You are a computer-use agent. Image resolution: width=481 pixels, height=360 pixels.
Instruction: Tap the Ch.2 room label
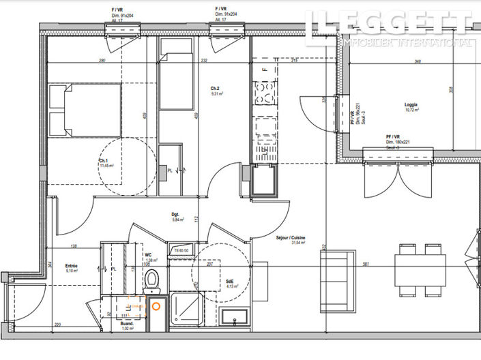click(x=215, y=89)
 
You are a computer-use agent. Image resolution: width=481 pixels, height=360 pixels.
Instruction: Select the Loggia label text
click(x=411, y=105)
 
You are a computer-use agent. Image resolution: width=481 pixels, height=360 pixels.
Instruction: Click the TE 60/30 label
click(x=181, y=250)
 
